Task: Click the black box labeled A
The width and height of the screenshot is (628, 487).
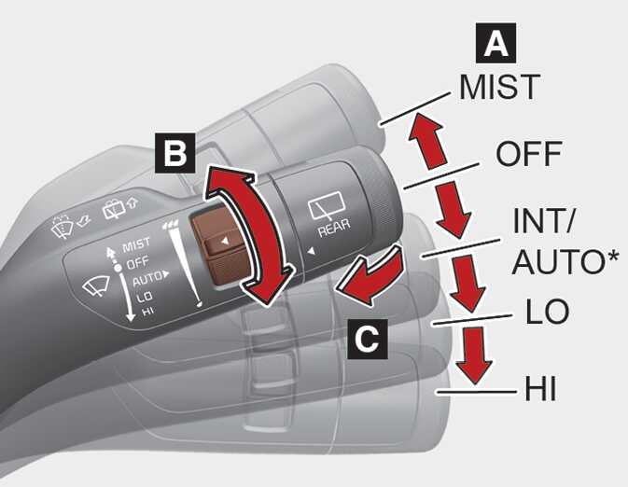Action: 495,43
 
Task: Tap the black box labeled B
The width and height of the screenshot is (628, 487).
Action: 175,153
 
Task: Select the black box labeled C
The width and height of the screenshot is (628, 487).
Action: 368,339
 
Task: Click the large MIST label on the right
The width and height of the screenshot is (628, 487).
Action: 499,87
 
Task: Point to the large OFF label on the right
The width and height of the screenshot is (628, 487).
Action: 528,154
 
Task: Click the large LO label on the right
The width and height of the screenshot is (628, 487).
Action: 547,311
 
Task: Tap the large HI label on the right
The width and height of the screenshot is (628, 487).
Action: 540,388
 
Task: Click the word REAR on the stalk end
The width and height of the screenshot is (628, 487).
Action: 334,228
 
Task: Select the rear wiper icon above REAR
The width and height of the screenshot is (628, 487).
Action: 327,205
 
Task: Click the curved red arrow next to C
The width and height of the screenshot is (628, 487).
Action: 370,276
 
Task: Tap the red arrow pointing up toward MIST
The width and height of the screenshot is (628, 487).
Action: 427,140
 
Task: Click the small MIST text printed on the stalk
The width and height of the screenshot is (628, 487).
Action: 136,244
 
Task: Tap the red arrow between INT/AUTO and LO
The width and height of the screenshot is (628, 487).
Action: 468,283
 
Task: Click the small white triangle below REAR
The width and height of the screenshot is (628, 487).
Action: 311,252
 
